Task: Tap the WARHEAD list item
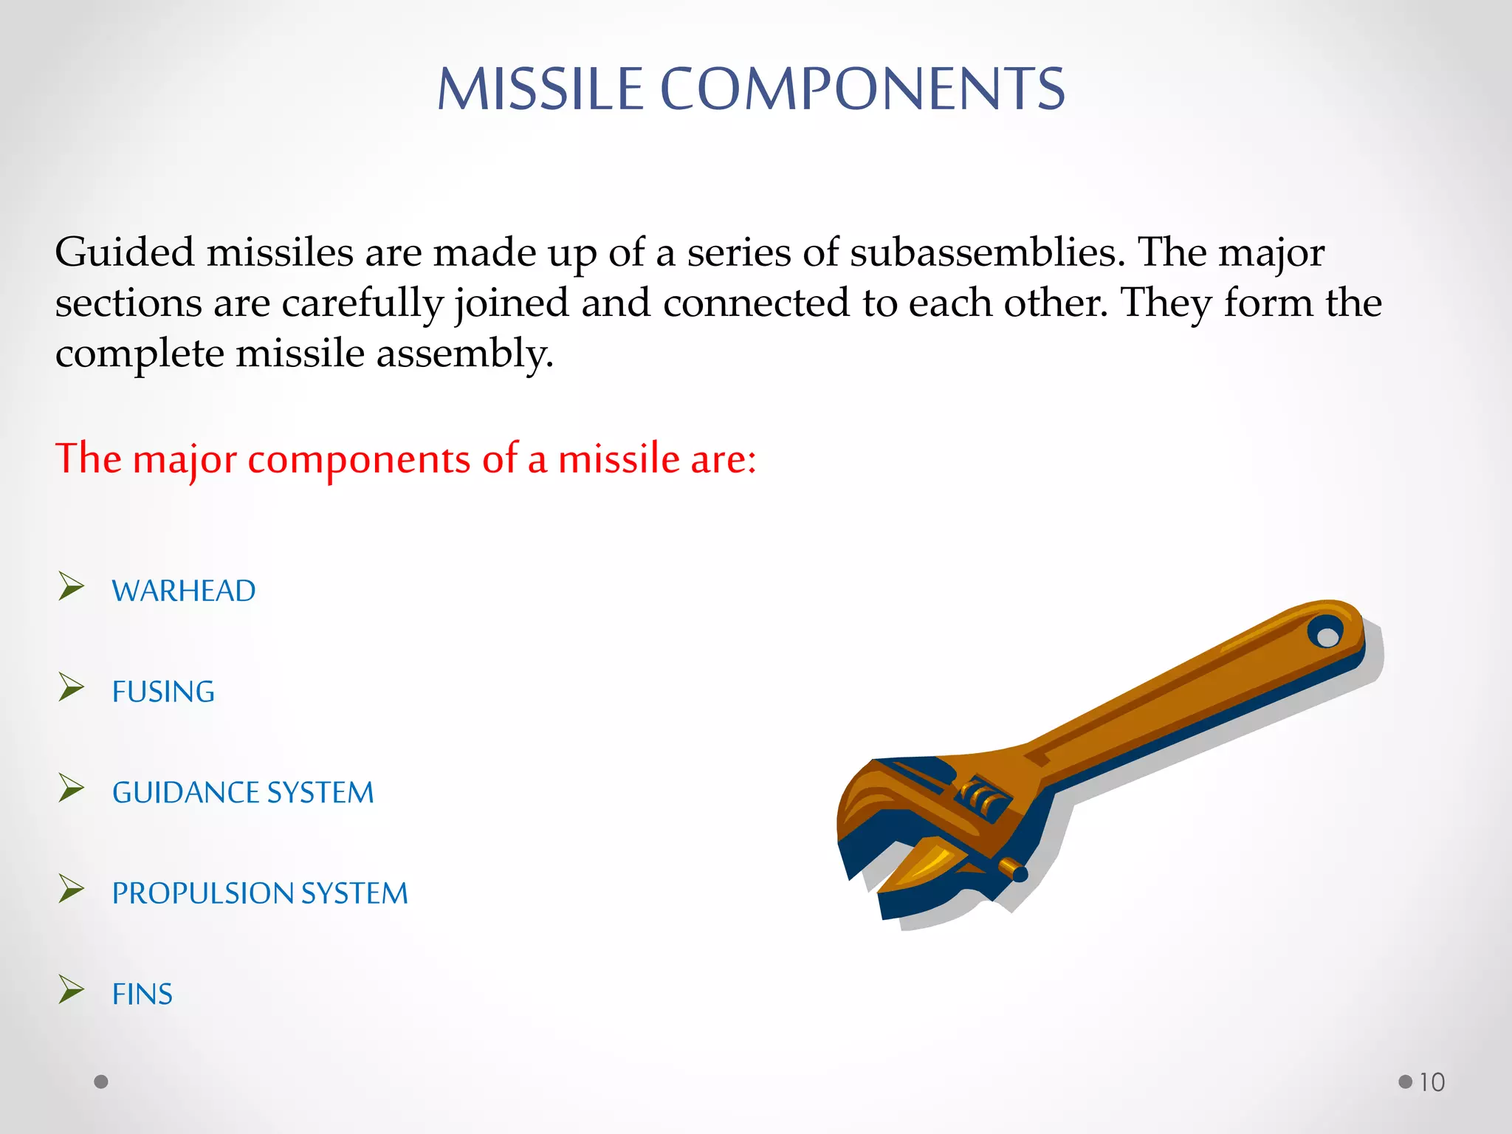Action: pyautogui.click(x=183, y=591)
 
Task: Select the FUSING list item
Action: pyautogui.click(x=163, y=692)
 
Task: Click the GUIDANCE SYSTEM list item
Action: pyautogui.click(x=243, y=792)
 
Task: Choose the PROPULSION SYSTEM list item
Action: pyautogui.click(x=259, y=893)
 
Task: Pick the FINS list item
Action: pyautogui.click(x=142, y=994)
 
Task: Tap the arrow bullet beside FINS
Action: pyautogui.click(x=71, y=989)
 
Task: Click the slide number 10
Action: pyautogui.click(x=1432, y=1082)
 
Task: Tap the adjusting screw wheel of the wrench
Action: pyautogui.click(x=983, y=799)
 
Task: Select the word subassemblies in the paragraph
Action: pyautogui.click(x=987, y=252)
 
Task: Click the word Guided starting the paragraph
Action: pyautogui.click(x=124, y=252)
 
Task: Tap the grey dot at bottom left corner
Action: pyautogui.click(x=101, y=1082)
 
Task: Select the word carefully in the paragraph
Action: pyautogui.click(x=362, y=303)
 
